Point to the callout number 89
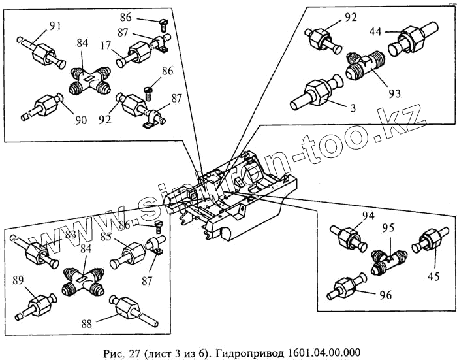tap(19, 280)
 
